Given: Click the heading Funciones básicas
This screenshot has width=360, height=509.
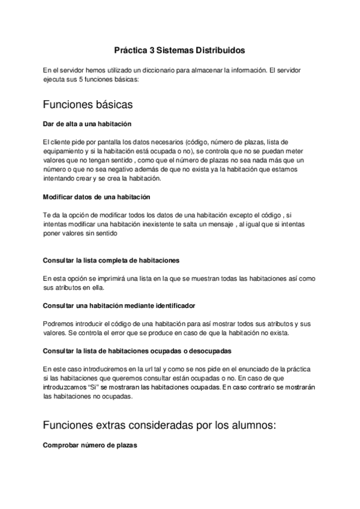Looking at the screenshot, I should click(88, 104).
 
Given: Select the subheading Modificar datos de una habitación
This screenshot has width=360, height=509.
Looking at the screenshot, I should click(97, 197).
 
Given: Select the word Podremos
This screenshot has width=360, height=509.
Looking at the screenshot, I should click(59, 324).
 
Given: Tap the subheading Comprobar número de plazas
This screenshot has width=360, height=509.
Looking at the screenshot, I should click(90, 445).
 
